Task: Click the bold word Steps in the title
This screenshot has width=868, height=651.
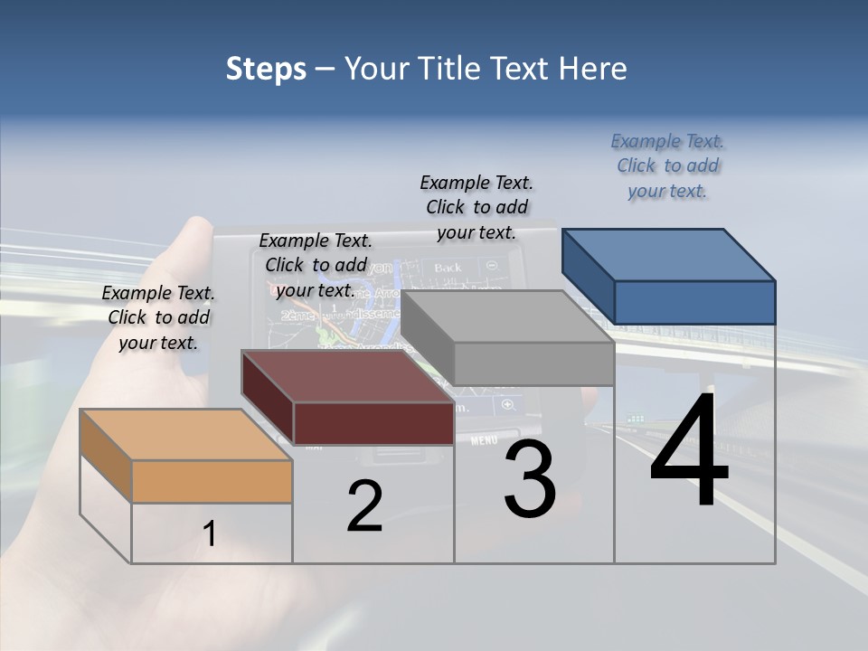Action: [266, 69]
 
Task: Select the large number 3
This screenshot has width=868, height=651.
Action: [530, 478]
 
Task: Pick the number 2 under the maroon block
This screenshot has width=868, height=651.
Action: [364, 506]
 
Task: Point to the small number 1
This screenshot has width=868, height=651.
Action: [210, 533]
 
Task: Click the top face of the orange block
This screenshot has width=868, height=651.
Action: [185, 434]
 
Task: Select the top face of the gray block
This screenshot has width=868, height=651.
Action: [506, 316]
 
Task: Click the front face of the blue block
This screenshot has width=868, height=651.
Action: [694, 302]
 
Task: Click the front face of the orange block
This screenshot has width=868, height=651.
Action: [212, 481]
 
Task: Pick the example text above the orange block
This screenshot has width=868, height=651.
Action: [158, 317]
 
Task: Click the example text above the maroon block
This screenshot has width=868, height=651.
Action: [316, 265]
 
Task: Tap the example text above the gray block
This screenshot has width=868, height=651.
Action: [476, 207]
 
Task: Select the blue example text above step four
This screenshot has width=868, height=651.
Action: [667, 165]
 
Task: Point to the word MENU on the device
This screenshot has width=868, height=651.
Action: [484, 440]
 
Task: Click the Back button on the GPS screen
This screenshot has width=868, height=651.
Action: [448, 268]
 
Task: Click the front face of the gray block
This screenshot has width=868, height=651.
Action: [533, 363]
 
